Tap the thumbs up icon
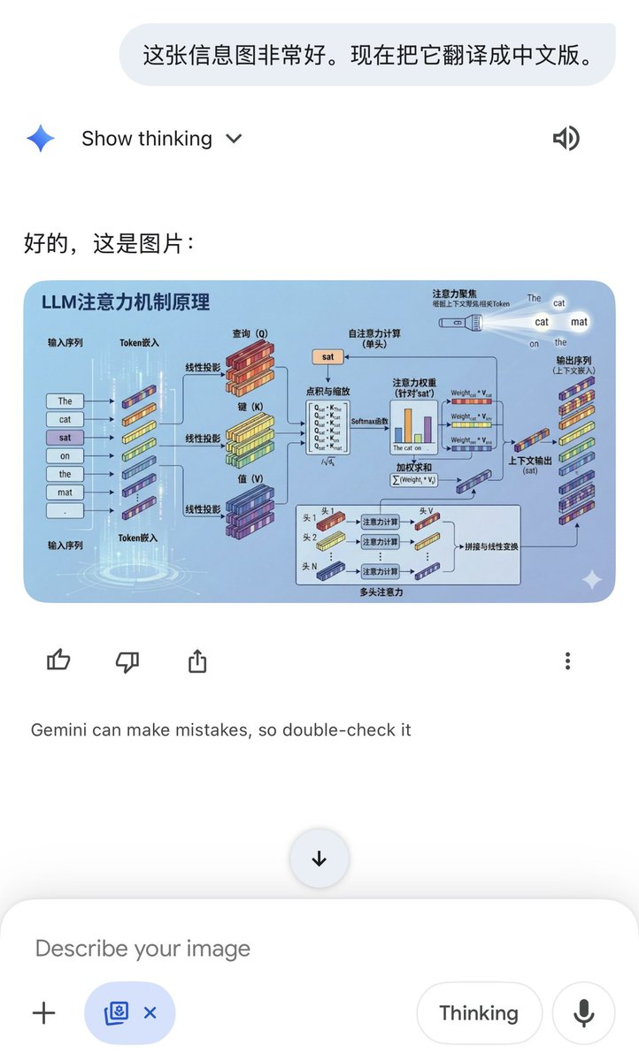(x=58, y=660)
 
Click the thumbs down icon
(x=127, y=660)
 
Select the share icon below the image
(x=197, y=660)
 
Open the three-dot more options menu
(x=567, y=660)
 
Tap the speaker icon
(x=566, y=138)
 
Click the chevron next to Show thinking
(x=234, y=139)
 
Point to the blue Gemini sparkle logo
(x=41, y=139)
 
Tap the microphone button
(x=583, y=1013)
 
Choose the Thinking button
(x=479, y=1013)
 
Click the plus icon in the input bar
(x=43, y=1013)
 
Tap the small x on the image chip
(x=150, y=1013)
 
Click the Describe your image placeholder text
(x=142, y=949)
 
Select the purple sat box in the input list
(x=65, y=438)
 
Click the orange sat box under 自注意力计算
(x=327, y=357)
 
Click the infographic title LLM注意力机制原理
(x=126, y=302)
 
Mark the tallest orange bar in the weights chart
(x=408, y=424)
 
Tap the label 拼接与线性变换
(x=491, y=546)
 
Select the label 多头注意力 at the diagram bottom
(x=381, y=592)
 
